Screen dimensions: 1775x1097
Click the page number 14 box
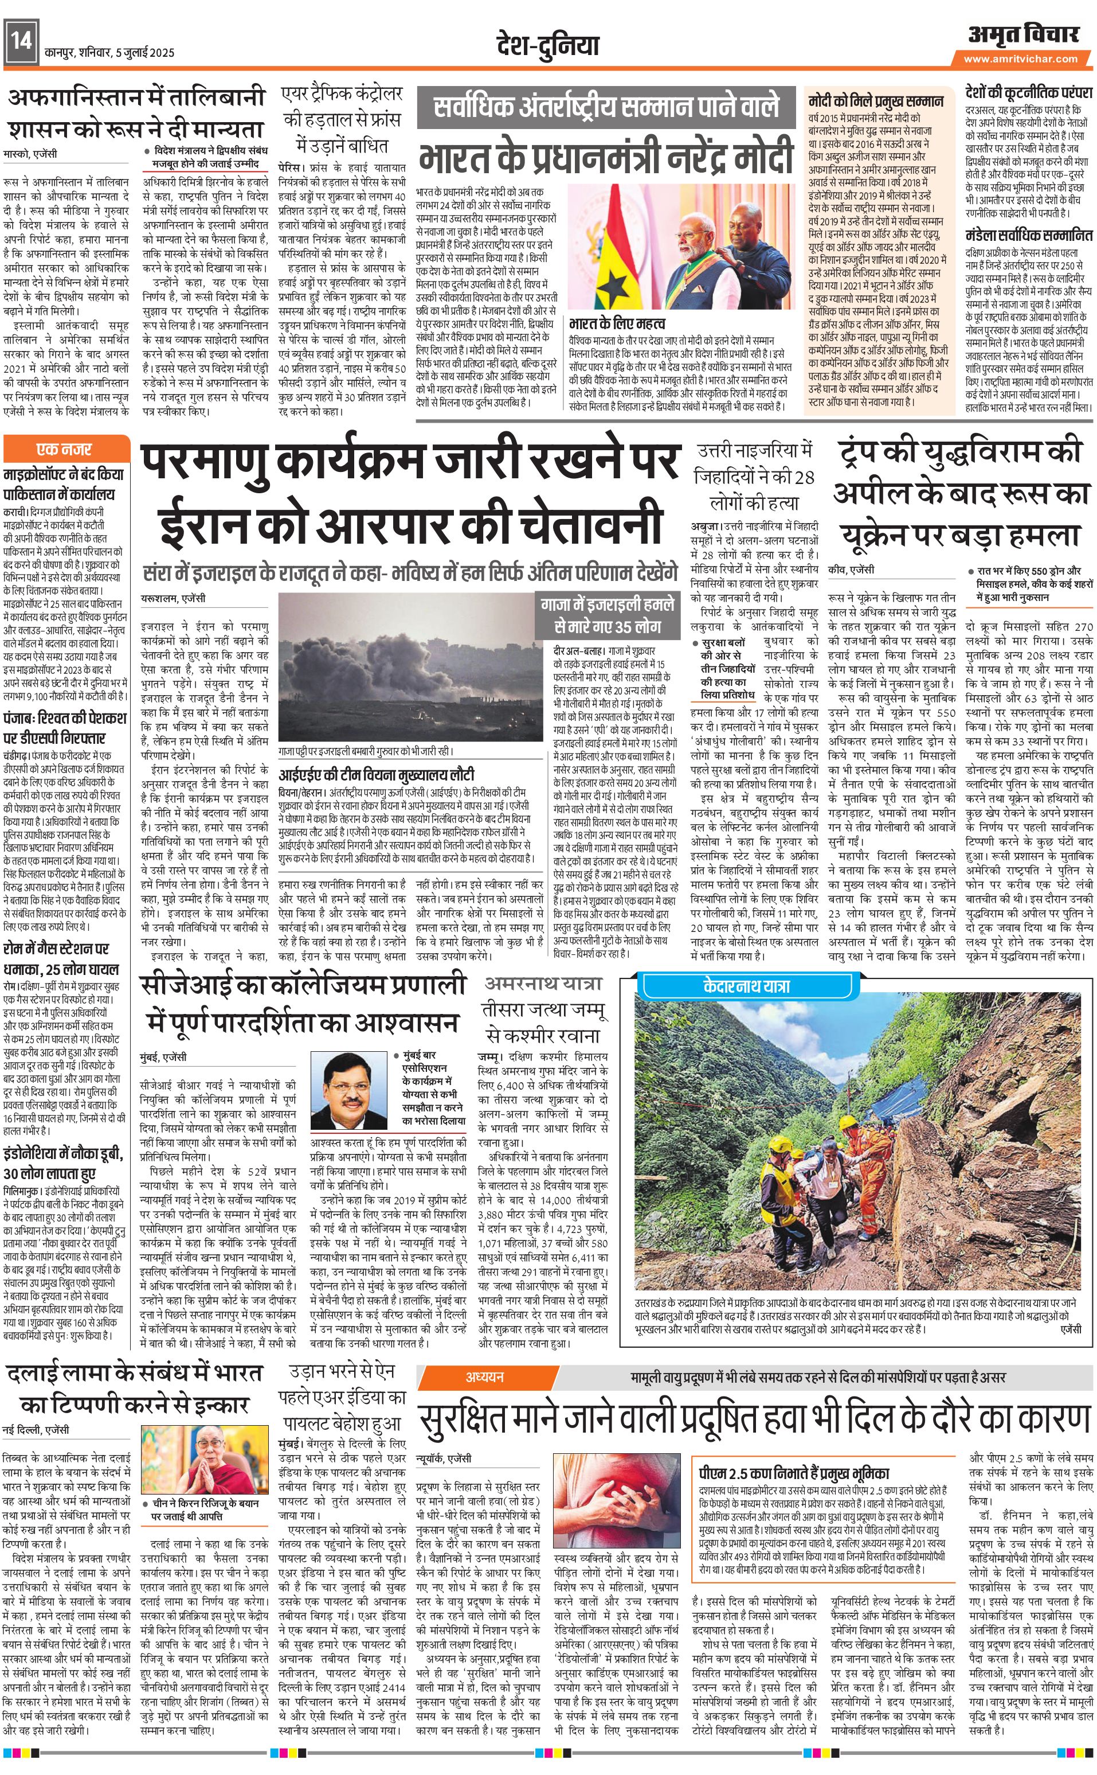[x=20, y=41]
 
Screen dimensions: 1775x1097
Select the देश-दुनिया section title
[x=548, y=45]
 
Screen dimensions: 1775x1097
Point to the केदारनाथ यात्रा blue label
[x=747, y=985]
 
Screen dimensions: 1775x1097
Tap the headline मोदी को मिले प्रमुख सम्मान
[x=876, y=101]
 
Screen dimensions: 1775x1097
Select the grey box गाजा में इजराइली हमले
[x=606, y=614]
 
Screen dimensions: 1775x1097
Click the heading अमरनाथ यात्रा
[x=543, y=984]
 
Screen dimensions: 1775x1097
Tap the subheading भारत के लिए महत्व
[x=617, y=323]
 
